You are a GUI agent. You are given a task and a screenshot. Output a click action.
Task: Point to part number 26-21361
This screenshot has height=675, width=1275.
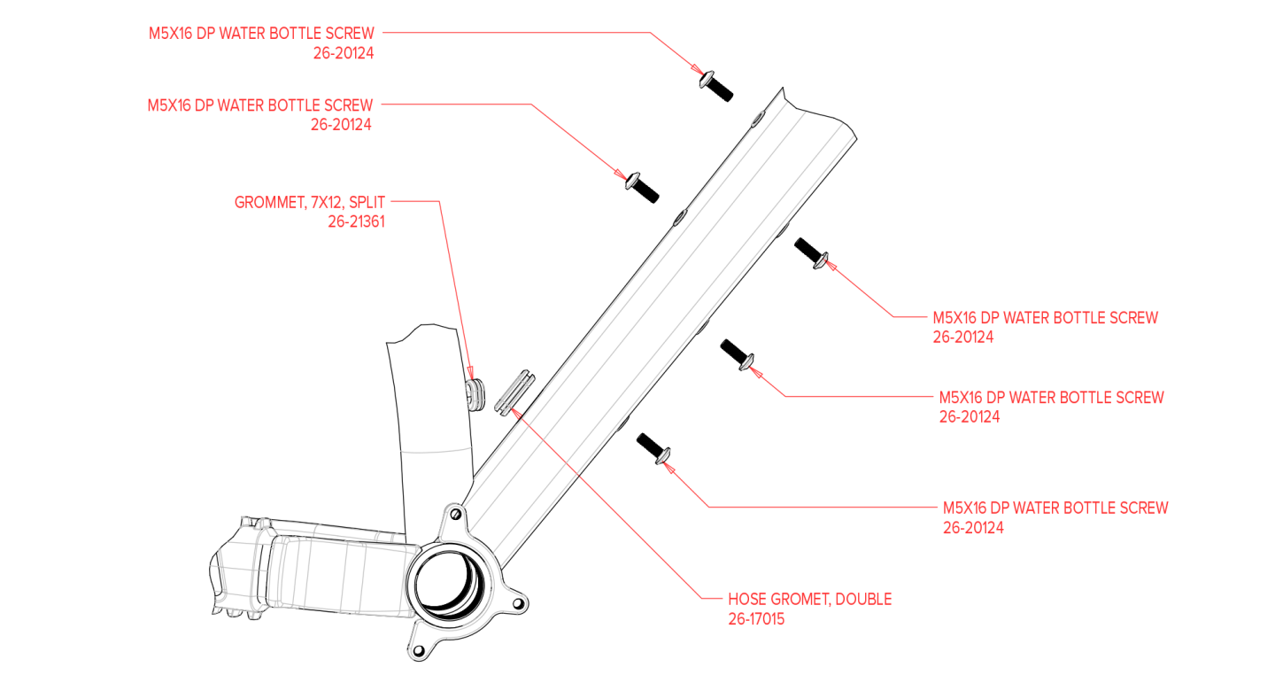point(356,222)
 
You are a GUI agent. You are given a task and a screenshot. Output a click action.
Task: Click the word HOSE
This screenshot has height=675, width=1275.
point(747,600)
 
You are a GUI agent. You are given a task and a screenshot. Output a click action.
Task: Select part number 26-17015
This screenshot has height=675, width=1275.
point(755,619)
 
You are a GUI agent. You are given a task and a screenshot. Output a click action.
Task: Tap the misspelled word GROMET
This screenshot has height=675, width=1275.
point(800,600)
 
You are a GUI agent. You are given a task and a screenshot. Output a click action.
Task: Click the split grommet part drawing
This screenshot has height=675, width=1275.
point(475,392)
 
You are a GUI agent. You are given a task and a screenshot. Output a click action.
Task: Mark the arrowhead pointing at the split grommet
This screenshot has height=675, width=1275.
point(471,372)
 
